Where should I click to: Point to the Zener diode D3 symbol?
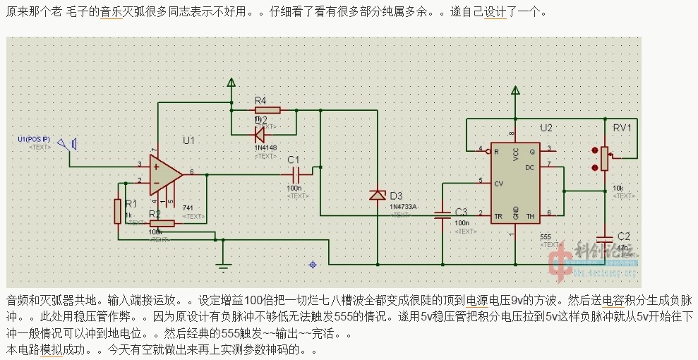click(x=378, y=194)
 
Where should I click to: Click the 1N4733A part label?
click(x=403, y=207)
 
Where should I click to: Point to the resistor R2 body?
click(x=162, y=224)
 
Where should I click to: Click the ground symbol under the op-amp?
click(x=223, y=266)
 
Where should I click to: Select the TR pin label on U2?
click(x=498, y=212)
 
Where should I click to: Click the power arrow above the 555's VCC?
click(x=516, y=91)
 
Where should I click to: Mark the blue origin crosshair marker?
click(x=313, y=265)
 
